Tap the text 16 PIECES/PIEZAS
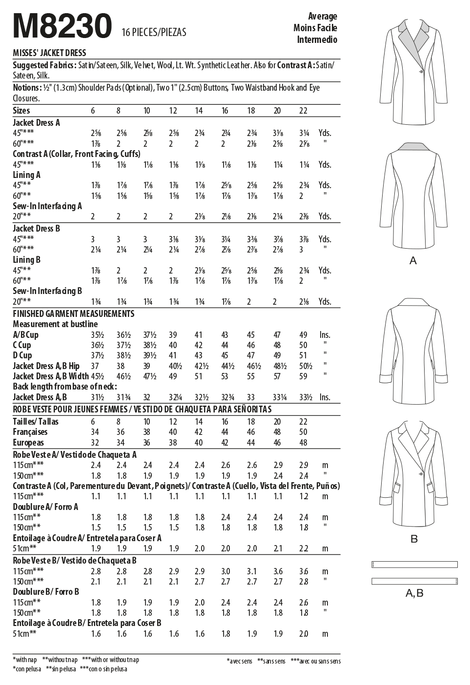tap(155, 33)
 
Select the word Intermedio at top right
tap(317, 39)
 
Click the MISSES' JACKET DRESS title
tap(49, 53)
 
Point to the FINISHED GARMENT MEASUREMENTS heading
tap(73, 313)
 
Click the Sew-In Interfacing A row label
tap(47, 206)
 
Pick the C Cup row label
tap(22, 345)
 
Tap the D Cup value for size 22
tap(303, 355)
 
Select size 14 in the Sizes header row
tap(199, 111)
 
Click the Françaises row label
tap(30, 432)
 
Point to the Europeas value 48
tap(303, 443)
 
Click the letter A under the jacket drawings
tap(413, 261)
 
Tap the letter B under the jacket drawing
tap(414, 539)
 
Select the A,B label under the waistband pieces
tap(414, 593)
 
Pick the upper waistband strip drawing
tap(414, 564)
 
